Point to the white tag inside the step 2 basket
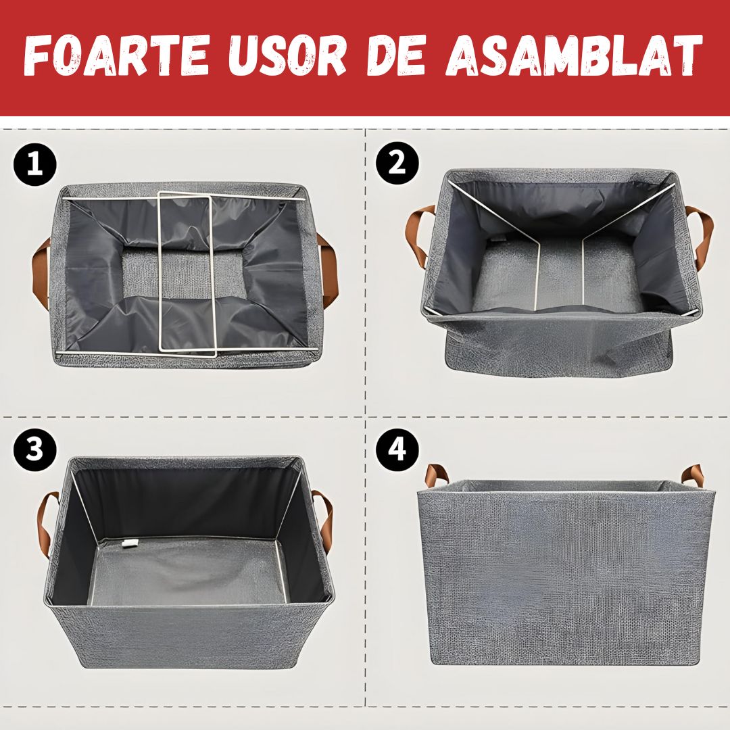497,239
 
